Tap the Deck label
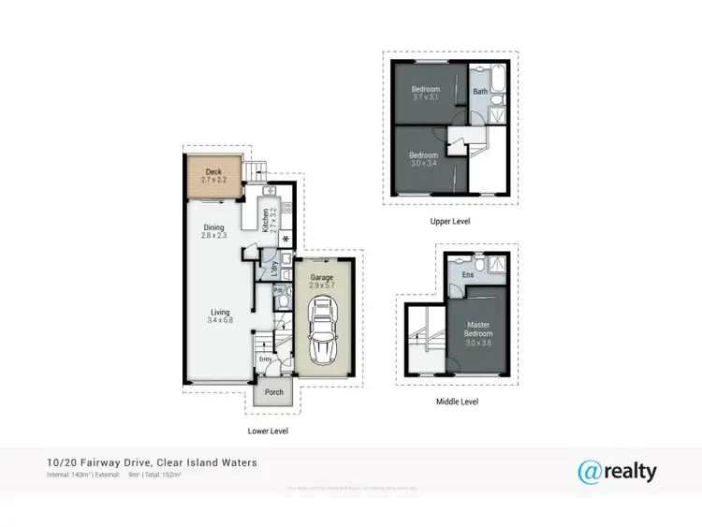(213, 172)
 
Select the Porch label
(274, 392)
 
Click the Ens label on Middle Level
(468, 275)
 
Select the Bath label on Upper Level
(479, 92)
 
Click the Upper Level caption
(450, 222)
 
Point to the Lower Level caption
(268, 432)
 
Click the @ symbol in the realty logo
(589, 471)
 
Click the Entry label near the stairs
(265, 359)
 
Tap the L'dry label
(272, 268)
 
